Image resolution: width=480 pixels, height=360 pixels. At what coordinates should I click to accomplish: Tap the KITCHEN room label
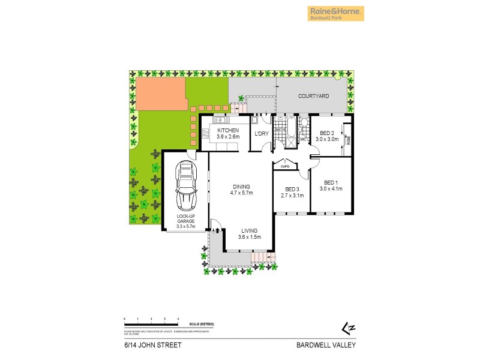(228, 130)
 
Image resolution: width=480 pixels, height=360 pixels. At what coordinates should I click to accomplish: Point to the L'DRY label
(261, 133)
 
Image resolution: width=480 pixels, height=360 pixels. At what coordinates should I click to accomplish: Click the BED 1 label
(331, 182)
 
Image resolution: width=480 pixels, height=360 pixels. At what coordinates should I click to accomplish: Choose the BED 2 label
(327, 133)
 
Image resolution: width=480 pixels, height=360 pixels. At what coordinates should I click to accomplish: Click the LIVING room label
(250, 230)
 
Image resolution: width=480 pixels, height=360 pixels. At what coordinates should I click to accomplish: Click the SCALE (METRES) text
(201, 324)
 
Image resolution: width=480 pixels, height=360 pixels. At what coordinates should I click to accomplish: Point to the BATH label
(280, 129)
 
